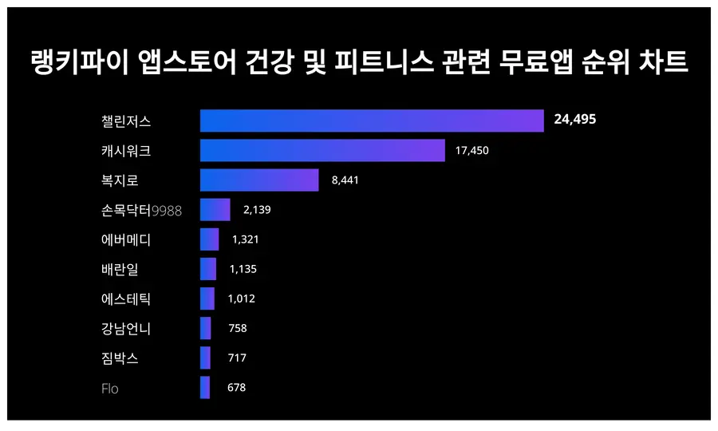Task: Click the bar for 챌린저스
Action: pos(372,121)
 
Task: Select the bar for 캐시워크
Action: pos(322,150)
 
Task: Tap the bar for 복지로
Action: pos(259,180)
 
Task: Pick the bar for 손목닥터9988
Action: pos(215,210)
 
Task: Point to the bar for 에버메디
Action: pos(209,239)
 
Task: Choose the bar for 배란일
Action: pos(208,269)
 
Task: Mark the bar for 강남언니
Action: pos(206,328)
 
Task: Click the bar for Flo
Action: pos(205,388)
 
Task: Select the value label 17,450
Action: pos(471,150)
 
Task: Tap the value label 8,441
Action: pos(345,180)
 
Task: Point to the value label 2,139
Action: pos(258,210)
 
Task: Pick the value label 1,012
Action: pos(241,299)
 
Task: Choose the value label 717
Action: pos(237,358)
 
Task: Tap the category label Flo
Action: pos(110,389)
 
